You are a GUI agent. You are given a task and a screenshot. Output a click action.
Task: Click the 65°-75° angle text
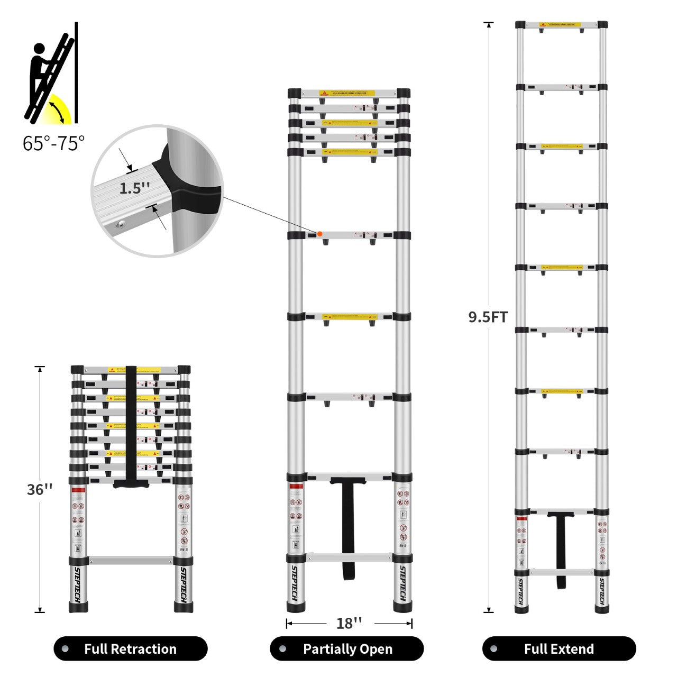[x=53, y=143]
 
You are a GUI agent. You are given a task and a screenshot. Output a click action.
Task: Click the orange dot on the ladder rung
[x=319, y=234]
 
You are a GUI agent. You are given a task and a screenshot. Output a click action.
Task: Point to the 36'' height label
[x=40, y=489]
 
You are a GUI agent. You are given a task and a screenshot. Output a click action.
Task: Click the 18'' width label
[x=349, y=623]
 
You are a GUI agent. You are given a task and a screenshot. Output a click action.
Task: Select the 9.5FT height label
[x=488, y=317]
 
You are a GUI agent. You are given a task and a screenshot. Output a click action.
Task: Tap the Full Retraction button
[x=130, y=648]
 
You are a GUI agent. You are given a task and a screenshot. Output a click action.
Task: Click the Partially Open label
[x=347, y=648]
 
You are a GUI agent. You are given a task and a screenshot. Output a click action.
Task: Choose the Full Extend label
[x=559, y=648]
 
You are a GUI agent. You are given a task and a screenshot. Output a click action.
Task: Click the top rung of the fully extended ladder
[x=561, y=25]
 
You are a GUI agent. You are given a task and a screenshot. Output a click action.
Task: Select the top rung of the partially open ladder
[x=349, y=93]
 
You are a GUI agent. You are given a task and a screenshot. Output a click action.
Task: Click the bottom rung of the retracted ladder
[x=131, y=560]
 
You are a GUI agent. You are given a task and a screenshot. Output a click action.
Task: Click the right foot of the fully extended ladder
[x=601, y=609]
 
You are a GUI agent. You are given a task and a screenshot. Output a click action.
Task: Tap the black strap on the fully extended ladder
[x=560, y=550]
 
